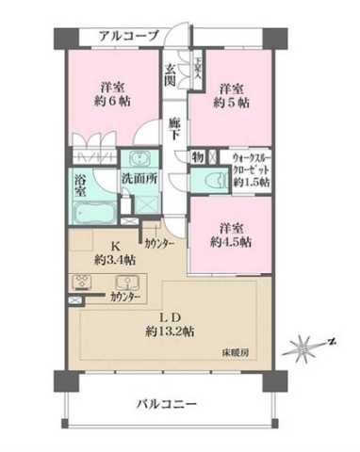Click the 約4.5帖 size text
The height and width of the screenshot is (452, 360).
pos(231,240)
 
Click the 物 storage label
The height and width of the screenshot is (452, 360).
pos(198,157)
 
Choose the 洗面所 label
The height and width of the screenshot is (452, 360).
pos(139,177)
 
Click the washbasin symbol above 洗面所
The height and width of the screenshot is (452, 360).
pos(139,158)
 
